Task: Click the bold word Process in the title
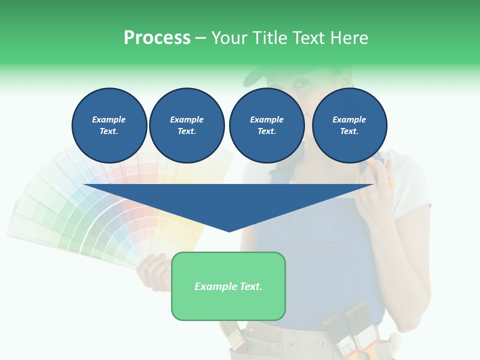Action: (x=157, y=38)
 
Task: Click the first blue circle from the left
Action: (x=109, y=125)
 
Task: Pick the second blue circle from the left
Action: (x=187, y=125)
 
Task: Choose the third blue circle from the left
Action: (x=267, y=125)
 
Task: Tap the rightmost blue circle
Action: (x=349, y=125)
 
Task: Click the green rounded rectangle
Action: (x=228, y=305)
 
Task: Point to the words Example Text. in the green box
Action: (x=228, y=286)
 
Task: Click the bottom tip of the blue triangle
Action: (x=229, y=230)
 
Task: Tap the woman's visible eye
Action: (x=300, y=83)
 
